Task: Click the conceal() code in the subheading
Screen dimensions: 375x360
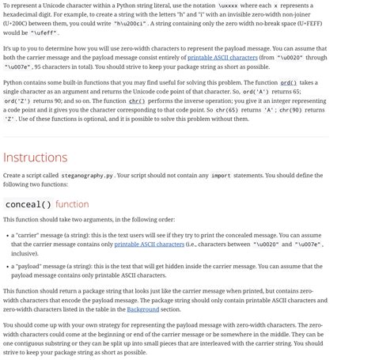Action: (x=28, y=204)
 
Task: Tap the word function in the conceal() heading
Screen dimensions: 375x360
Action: (x=72, y=204)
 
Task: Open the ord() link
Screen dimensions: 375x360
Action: (x=288, y=82)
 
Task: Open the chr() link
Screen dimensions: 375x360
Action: (x=136, y=101)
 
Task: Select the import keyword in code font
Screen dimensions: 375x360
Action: (x=221, y=175)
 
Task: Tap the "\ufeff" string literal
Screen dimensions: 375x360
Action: (x=44, y=33)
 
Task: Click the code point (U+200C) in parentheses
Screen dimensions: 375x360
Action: (x=19, y=24)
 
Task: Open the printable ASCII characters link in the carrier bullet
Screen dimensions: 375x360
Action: (x=149, y=244)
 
